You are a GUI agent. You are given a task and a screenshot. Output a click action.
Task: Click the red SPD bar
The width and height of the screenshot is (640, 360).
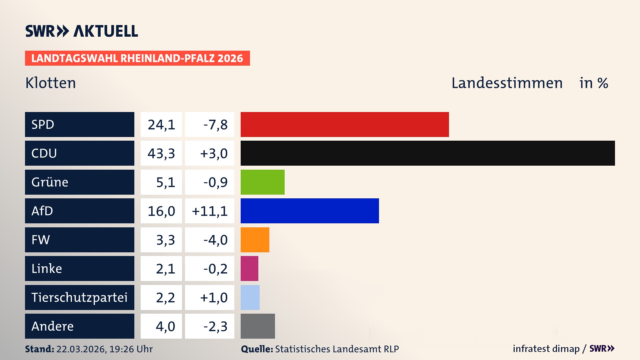coord(345,124)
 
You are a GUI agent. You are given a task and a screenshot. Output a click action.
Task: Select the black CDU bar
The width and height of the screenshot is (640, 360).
coord(428,153)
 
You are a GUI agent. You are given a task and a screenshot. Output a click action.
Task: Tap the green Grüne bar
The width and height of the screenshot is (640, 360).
coord(262,182)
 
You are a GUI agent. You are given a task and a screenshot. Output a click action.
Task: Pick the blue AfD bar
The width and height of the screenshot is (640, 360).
coord(310,211)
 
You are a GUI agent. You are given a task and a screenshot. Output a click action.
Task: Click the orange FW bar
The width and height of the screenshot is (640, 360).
coord(255,240)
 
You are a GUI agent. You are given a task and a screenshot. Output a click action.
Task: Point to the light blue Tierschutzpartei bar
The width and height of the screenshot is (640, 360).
coord(250,297)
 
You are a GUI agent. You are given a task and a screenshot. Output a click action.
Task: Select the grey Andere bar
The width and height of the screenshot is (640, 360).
coord(258,326)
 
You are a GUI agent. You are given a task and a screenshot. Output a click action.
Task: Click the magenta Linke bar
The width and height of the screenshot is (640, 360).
coord(249,268)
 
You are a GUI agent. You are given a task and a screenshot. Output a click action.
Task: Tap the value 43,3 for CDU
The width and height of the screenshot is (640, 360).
coord(161,153)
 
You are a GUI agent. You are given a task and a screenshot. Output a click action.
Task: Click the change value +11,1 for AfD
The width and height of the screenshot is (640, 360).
coord(210,211)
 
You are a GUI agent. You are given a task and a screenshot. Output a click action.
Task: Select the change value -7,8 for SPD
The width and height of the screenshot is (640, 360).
coord(215,125)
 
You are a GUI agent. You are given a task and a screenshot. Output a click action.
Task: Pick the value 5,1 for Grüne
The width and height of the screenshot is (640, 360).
coord(165,182)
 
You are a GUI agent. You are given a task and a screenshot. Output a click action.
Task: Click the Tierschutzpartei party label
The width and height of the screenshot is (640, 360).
coord(79,297)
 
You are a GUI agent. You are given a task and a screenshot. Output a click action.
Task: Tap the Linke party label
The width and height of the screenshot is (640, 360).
coord(47,268)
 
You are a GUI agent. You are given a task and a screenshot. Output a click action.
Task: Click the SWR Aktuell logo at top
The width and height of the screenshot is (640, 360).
coord(81,31)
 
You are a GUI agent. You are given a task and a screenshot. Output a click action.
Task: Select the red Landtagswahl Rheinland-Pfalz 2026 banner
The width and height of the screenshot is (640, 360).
coord(137,58)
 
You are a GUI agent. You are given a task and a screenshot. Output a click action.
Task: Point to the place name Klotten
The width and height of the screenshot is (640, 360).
coord(51,83)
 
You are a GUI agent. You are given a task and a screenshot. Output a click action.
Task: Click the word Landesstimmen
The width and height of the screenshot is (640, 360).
coord(507,83)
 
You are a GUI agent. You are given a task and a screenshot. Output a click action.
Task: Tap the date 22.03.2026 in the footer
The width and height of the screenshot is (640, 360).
coord(81,349)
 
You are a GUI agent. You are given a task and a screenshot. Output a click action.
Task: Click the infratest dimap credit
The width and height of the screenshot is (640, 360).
coord(546,349)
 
